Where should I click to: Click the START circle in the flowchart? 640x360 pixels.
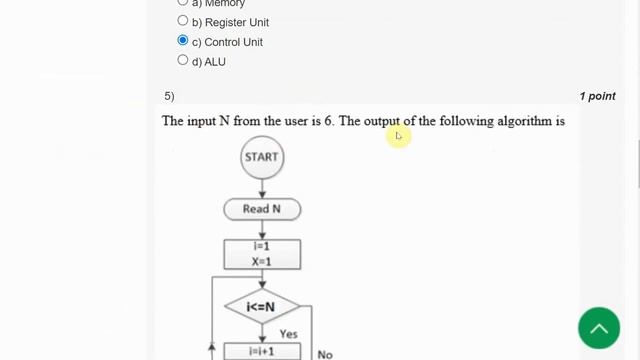[x=262, y=157]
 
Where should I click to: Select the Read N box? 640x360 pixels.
[x=262, y=209]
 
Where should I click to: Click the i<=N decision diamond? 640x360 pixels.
[x=261, y=306]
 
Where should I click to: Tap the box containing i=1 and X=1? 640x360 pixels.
[x=262, y=254]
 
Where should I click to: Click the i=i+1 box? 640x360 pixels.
[x=262, y=352]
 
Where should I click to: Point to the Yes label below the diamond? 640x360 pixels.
[x=288, y=334]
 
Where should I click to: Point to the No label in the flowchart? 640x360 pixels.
[x=325, y=353]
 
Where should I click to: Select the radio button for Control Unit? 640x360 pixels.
[x=182, y=41]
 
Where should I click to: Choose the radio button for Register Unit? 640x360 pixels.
[x=182, y=21]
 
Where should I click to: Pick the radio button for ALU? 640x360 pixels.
[x=182, y=60]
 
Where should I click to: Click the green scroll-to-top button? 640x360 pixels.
[x=598, y=328]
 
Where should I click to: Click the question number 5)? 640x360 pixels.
[x=169, y=96]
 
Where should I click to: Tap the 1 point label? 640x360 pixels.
[x=597, y=96]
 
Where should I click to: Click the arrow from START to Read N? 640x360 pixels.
[x=262, y=188]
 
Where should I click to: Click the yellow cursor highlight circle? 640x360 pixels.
[x=398, y=136]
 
